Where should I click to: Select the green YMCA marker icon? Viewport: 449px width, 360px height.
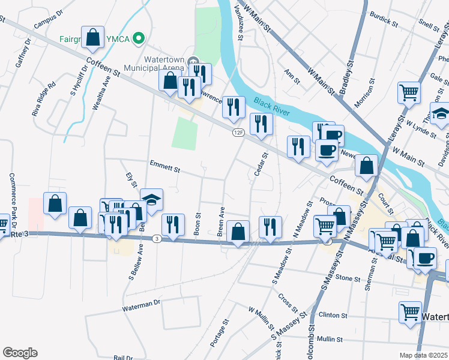click(139, 39)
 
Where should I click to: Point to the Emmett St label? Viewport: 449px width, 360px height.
click(164, 169)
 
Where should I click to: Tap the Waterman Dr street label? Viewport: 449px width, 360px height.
click(142, 306)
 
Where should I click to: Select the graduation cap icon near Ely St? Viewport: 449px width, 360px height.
click(151, 200)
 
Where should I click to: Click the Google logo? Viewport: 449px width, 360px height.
click(20, 353)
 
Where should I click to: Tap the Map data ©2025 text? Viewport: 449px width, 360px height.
click(423, 355)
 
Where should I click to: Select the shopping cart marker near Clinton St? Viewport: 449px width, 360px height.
click(411, 311)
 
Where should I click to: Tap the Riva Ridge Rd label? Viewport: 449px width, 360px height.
click(43, 98)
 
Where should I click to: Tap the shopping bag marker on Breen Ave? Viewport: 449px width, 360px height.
click(239, 230)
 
